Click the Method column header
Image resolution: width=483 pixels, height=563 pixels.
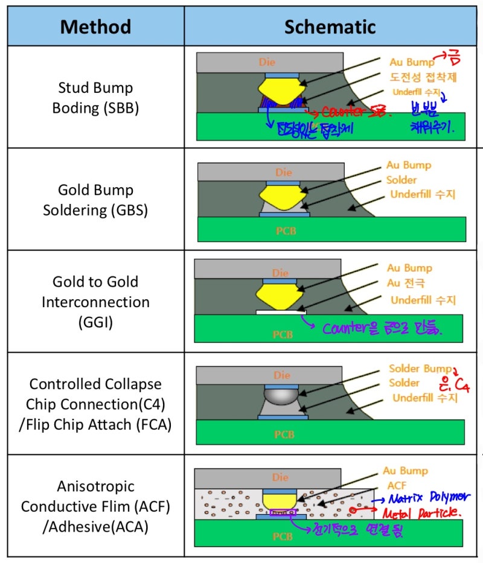coord(95,26)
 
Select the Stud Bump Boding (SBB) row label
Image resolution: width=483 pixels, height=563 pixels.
coord(95,98)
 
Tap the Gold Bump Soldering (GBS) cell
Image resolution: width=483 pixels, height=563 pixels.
coord(95,200)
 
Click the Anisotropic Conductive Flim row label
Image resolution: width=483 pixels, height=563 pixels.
coord(95,506)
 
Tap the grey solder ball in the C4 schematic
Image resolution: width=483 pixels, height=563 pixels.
coord(283,395)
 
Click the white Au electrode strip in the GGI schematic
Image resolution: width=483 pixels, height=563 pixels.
coord(281,313)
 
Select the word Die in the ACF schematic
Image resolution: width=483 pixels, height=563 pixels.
coord(280,477)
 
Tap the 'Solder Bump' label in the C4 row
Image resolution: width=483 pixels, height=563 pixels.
coord(420,368)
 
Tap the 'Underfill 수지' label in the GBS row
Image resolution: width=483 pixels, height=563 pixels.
coord(423,194)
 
